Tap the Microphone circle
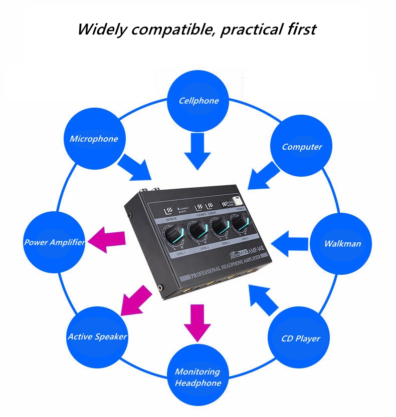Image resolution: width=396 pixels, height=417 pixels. point(94,139)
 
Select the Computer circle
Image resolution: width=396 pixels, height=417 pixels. point(301,147)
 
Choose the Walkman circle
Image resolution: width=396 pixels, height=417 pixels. point(342,244)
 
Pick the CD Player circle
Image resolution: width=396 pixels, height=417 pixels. point(300,338)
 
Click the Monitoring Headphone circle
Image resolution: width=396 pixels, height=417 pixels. point(197,377)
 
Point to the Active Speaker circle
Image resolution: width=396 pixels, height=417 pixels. point(97,336)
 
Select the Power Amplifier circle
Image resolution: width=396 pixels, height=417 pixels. point(54,242)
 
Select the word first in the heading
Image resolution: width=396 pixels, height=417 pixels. point(299,29)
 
